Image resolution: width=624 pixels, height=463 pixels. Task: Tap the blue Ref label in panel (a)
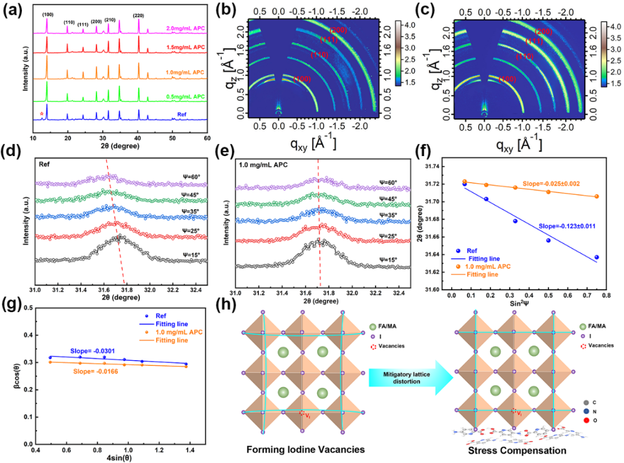pyautogui.click(x=194, y=115)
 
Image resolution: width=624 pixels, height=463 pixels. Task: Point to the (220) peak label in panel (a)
pyautogui.click(x=139, y=16)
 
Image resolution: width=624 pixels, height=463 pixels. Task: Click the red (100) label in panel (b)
pyautogui.click(x=303, y=78)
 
